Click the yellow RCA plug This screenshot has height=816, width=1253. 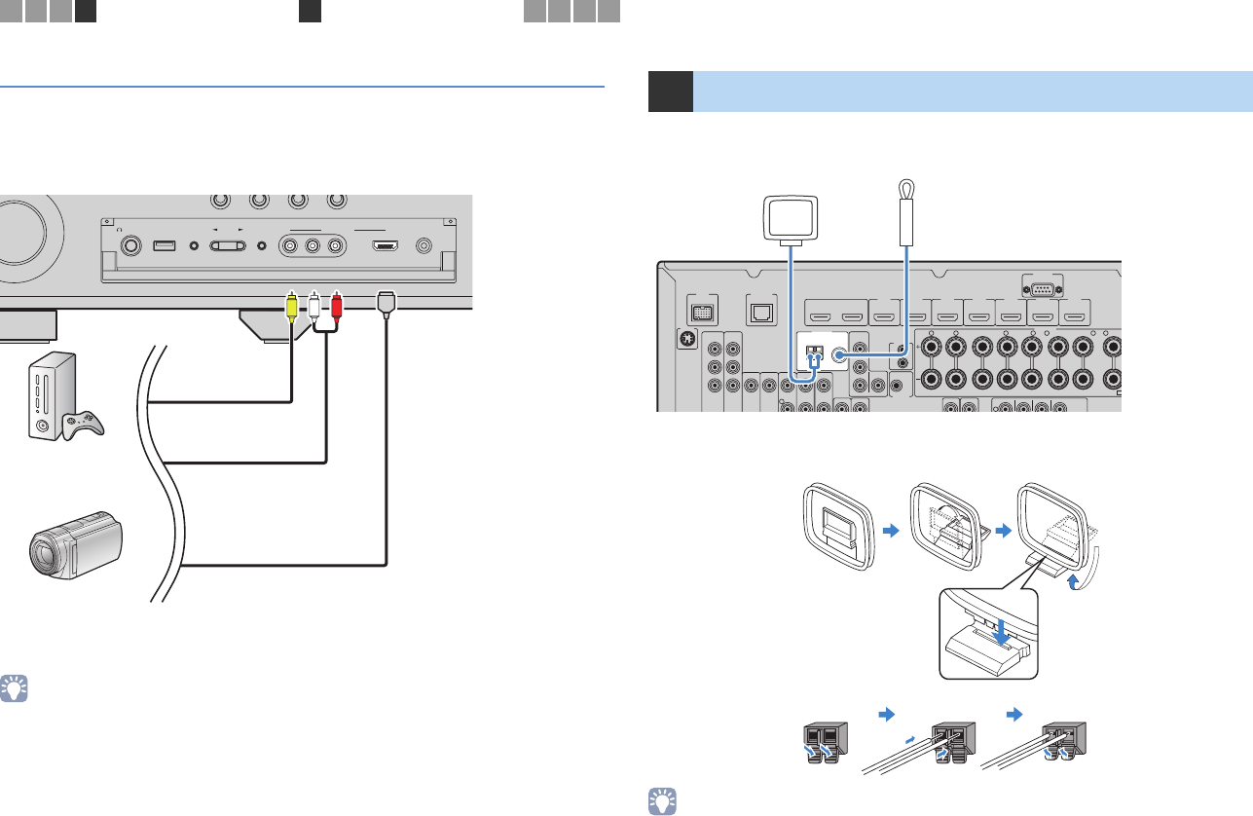[x=291, y=306]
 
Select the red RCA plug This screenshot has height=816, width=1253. [x=337, y=306]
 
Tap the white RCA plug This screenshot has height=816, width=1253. [x=313, y=306]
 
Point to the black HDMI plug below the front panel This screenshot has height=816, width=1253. [x=387, y=304]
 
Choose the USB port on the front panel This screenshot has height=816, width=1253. [x=165, y=245]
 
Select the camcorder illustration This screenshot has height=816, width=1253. [x=79, y=548]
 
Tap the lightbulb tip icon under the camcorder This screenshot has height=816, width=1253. [x=16, y=688]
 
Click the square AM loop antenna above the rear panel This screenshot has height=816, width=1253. [x=789, y=219]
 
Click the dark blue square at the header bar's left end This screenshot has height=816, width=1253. [x=671, y=91]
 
